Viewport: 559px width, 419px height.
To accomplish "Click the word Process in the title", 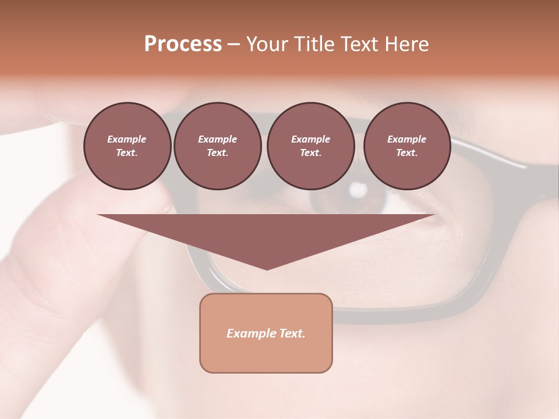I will (183, 44).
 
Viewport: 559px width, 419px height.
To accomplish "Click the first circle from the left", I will (127, 146).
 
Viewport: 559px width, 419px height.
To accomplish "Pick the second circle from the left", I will (217, 146).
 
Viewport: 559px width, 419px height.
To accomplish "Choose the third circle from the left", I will (310, 146).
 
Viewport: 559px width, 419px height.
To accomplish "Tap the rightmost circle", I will (406, 146).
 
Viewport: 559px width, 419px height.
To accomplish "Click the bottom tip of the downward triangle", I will (267, 268).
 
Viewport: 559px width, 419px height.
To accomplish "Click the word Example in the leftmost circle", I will (127, 139).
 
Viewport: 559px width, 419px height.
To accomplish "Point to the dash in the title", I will (233, 44).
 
